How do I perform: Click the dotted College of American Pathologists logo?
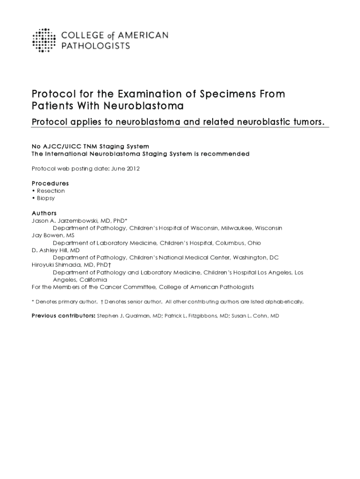point(44,40)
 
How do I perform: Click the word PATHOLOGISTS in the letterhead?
point(96,46)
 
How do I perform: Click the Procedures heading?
point(50,183)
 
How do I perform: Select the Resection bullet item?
point(50,191)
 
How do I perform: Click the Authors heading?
point(44,213)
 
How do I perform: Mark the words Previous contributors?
point(63,316)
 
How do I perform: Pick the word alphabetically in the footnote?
point(285,302)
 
